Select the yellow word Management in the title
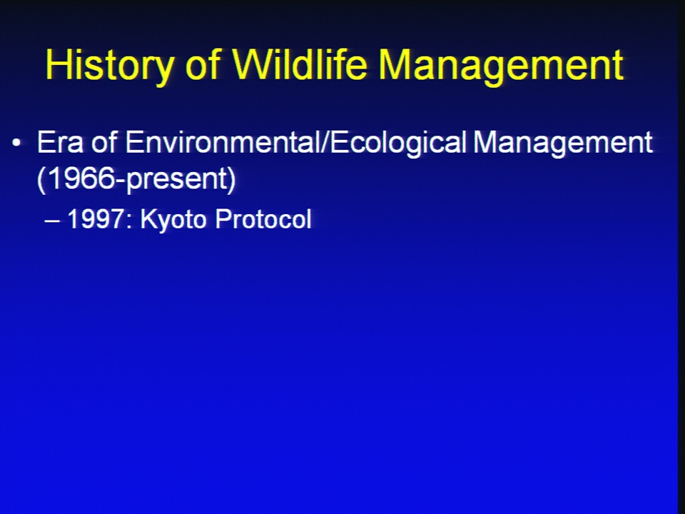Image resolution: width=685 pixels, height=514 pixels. click(501, 65)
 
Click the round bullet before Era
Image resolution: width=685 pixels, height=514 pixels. click(16, 143)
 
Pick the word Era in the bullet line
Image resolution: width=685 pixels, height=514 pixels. click(60, 142)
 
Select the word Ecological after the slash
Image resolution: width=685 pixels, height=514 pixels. click(399, 143)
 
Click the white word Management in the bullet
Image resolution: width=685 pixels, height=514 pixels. click(563, 143)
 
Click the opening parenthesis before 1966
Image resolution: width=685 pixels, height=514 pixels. click(41, 179)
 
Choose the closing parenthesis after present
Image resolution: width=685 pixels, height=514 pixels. click(231, 179)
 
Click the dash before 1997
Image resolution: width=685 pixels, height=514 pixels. click(52, 220)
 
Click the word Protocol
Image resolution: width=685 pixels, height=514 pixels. click(263, 218)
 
